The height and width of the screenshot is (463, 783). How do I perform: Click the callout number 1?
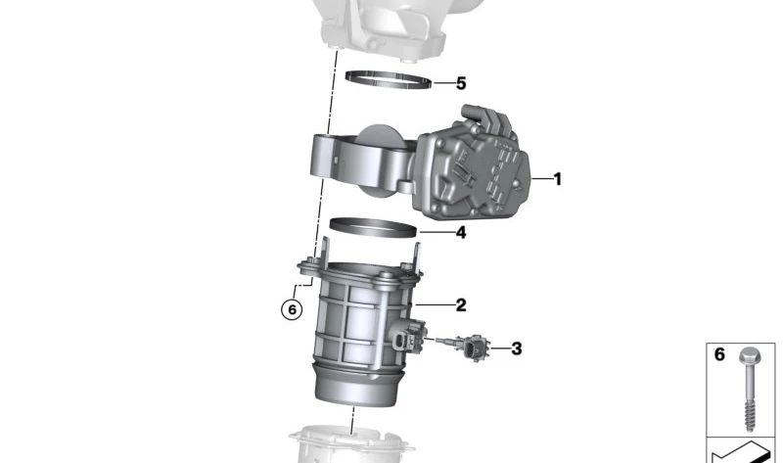coord(557,179)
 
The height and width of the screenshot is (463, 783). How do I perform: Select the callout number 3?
coord(516,347)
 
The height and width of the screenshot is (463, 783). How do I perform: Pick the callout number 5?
coord(460,83)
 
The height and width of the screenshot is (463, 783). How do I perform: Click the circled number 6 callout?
coord(290,309)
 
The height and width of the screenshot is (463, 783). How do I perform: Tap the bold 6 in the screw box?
coord(719,354)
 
